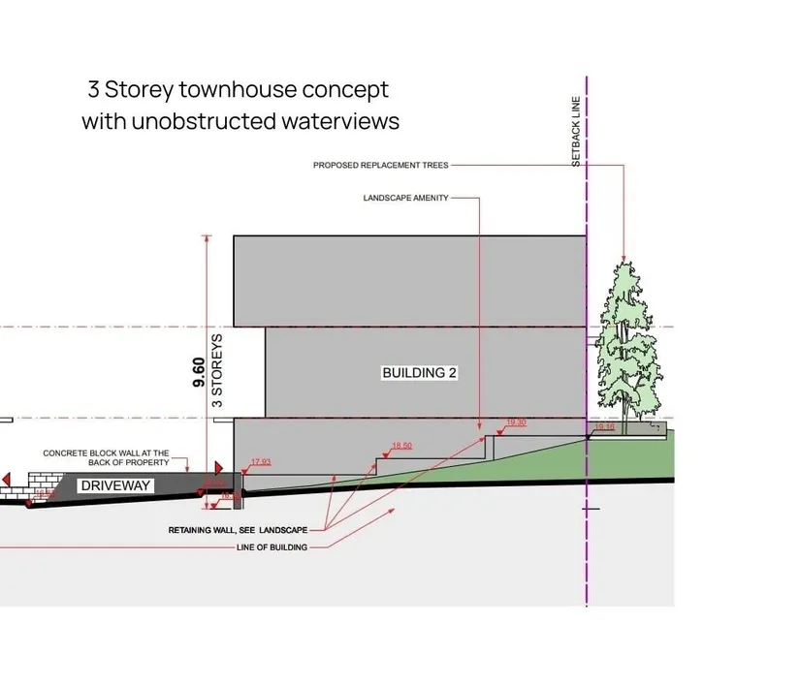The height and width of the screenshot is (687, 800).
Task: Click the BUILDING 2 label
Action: (x=419, y=373)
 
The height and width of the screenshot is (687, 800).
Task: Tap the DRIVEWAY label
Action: (x=115, y=484)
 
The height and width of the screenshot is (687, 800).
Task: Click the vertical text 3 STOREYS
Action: (x=218, y=370)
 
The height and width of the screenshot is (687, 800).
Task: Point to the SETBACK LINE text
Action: (x=576, y=131)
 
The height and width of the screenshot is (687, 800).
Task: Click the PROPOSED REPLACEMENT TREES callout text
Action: (x=380, y=166)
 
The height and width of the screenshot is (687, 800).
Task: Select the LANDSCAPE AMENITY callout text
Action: (x=405, y=198)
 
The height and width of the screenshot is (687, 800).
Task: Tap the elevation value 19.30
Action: (x=517, y=423)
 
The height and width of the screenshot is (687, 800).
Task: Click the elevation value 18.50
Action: (x=401, y=446)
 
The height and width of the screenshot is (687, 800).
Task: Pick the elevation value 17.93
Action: (x=261, y=462)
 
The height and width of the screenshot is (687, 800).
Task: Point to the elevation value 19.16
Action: (x=604, y=426)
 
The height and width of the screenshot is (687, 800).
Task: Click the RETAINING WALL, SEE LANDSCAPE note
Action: (x=238, y=530)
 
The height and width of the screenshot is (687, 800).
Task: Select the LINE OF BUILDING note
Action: (x=272, y=547)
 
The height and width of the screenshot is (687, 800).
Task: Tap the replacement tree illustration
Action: (x=624, y=339)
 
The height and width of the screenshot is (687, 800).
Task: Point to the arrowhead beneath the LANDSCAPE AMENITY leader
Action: (x=479, y=426)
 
